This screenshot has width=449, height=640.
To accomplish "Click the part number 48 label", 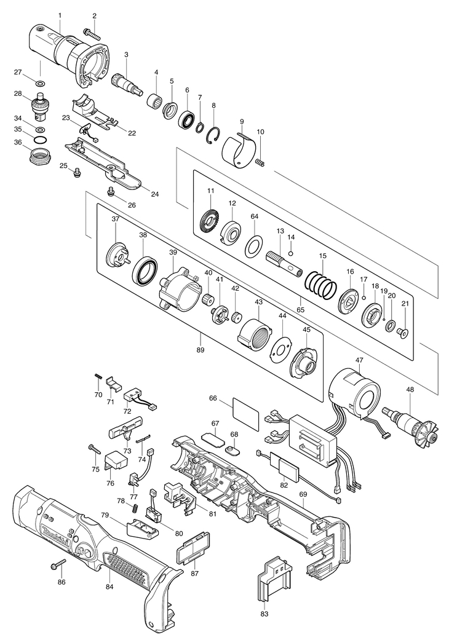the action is tap(410, 389).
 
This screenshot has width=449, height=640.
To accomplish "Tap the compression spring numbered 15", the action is tap(322, 284).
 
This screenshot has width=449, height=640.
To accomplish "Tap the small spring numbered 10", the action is tap(260, 164).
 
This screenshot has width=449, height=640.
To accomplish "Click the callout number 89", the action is tap(200, 350).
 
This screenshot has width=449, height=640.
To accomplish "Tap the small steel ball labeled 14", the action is tap(290, 253).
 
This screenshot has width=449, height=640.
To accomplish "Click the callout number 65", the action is tap(300, 309).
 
